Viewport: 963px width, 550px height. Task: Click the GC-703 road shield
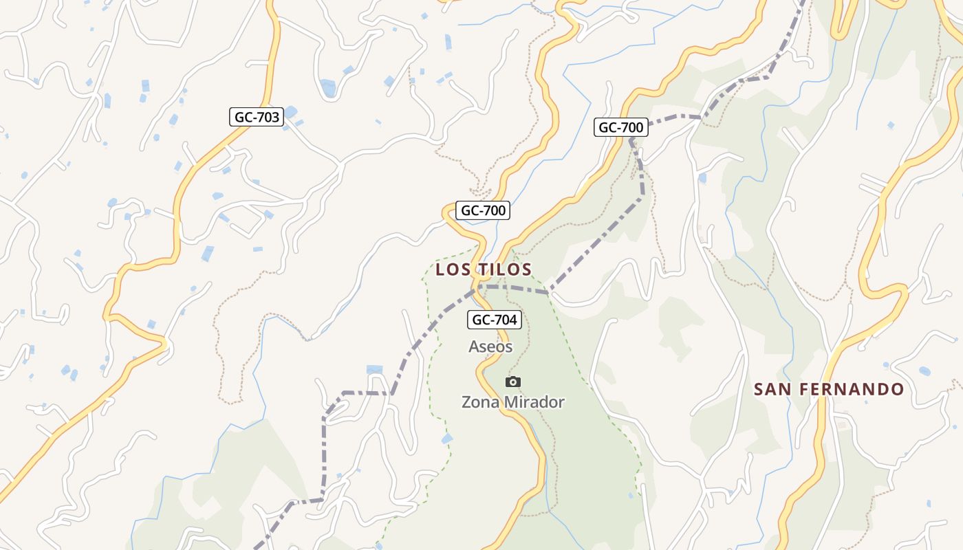coord(257,117)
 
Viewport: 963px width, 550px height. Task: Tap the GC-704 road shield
coord(495,319)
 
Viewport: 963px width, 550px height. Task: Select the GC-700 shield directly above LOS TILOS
coord(484,210)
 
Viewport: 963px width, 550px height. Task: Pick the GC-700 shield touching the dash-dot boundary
coord(620,127)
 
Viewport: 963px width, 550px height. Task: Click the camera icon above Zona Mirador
coord(513,382)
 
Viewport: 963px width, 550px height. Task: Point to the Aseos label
coord(490,346)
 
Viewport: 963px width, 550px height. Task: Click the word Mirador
coord(533,402)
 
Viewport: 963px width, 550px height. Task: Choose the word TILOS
coord(505,269)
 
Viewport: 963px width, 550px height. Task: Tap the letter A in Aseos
coord(474,346)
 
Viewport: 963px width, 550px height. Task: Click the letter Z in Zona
coord(466,402)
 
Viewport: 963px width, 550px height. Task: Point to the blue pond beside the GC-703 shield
coord(291,112)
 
